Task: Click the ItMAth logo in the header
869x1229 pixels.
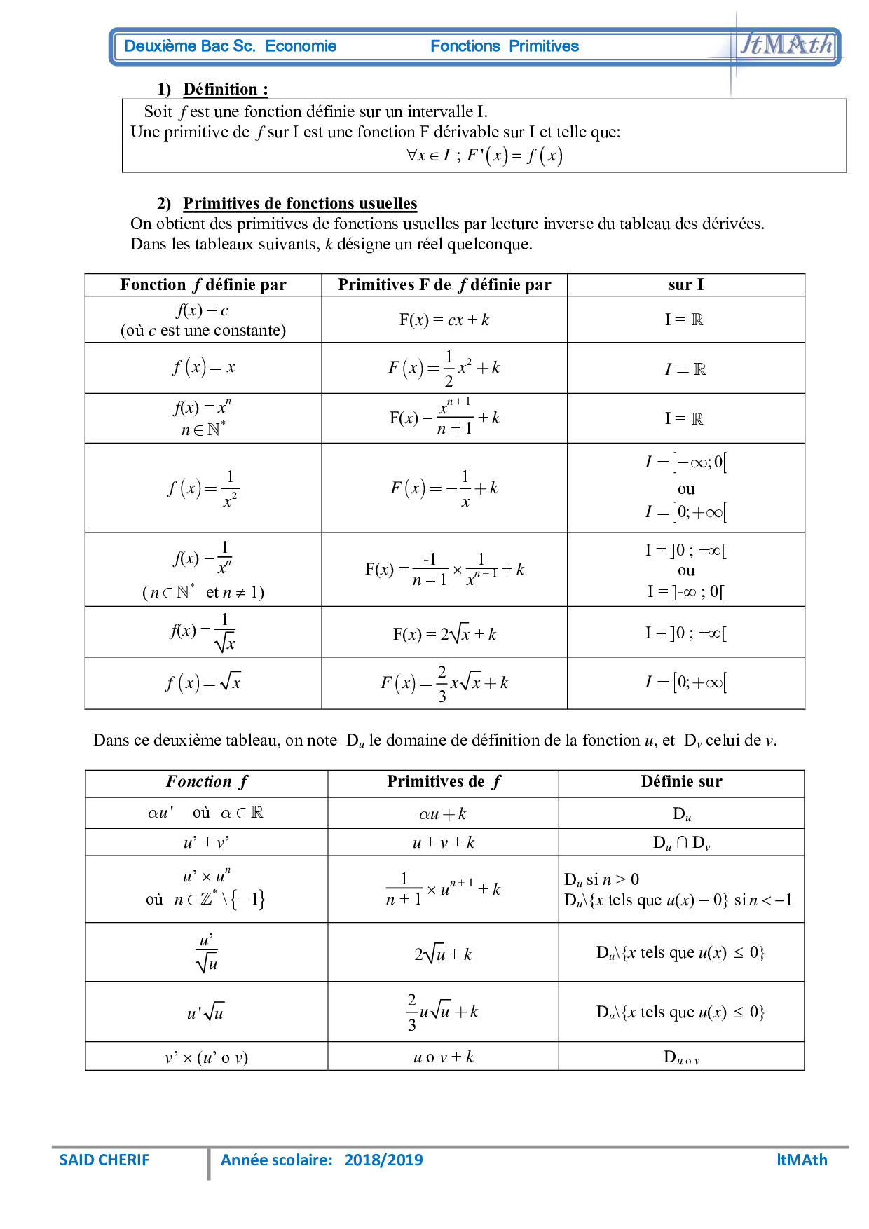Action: pos(786,45)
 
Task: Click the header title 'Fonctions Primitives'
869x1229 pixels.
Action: pos(504,46)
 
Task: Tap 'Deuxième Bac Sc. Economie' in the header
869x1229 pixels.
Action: pos(230,46)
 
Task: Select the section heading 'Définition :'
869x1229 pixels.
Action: pos(225,89)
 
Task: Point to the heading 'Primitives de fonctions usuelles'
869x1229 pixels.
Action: pos(300,203)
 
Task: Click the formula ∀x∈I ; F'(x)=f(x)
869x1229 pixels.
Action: pos(484,155)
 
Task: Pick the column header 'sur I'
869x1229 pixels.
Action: pos(685,284)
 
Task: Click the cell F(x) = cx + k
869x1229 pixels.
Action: pos(444,320)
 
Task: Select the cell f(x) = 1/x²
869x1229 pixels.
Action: pos(203,488)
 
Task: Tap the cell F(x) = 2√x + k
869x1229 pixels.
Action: pos(444,633)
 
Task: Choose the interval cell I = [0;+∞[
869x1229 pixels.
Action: pos(685,682)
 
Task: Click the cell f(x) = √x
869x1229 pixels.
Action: pos(203,682)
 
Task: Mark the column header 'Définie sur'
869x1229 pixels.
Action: pos(680,781)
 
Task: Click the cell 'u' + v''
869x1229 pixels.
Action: pos(206,842)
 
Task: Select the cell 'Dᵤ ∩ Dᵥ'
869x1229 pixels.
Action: pos(680,842)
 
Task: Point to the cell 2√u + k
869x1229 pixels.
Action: pos(443,954)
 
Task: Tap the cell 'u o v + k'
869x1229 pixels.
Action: pos(443,1057)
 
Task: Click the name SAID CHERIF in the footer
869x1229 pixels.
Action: pos(104,1160)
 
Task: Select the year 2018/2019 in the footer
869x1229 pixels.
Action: pos(383,1160)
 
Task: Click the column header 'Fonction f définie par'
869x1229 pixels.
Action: pos(203,284)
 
